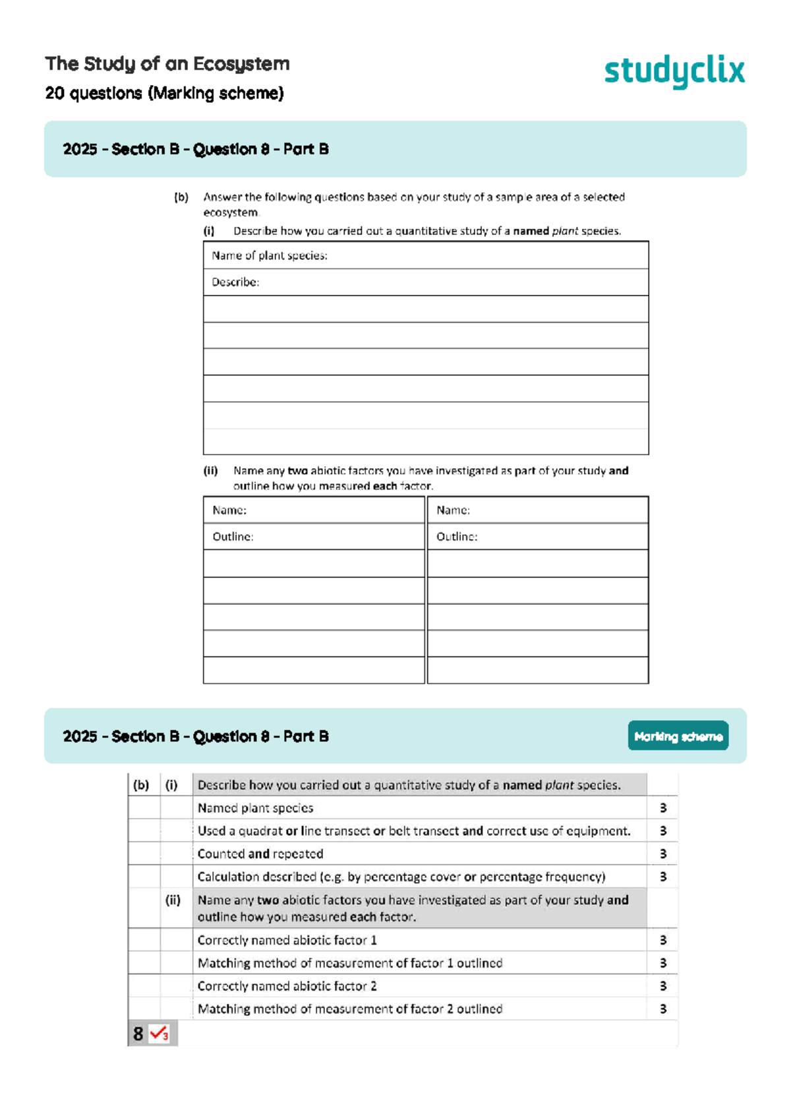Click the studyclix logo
(674, 71)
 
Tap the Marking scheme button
(678, 736)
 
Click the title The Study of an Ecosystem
(167, 64)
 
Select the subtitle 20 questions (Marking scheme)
(164, 94)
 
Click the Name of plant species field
(425, 255)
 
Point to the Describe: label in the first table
(235, 282)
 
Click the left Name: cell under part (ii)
(314, 510)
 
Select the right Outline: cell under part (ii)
(537, 537)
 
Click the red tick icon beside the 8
(159, 1033)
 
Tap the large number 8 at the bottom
(138, 1034)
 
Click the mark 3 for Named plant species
(663, 808)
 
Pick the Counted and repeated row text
(260, 854)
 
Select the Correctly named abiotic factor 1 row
(287, 940)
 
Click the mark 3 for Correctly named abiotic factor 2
(663, 986)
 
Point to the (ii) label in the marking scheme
(173, 900)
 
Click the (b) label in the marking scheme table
(141, 785)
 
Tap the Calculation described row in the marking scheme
(401, 877)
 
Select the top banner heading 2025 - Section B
(196, 149)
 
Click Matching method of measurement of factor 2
(350, 1009)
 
